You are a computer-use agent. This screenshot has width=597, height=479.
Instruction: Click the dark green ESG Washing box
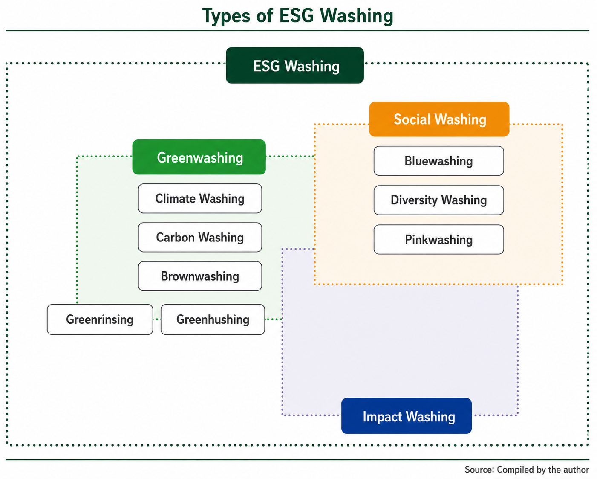point(295,65)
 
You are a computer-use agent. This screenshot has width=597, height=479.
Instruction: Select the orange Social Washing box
point(439,119)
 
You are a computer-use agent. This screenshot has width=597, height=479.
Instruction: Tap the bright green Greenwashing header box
point(199,157)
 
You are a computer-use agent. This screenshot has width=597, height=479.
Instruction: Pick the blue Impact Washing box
point(407,416)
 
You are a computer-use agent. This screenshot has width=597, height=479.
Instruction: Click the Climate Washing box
point(200,198)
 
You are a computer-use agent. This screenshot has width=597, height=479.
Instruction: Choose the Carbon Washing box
point(200,237)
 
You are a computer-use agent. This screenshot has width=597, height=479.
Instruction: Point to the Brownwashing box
point(200,276)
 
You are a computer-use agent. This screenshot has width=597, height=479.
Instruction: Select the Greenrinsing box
point(100,319)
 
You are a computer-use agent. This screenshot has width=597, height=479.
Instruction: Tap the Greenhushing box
point(213,319)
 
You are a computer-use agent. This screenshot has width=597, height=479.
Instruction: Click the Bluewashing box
point(438,161)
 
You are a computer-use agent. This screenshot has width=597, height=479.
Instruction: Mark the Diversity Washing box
point(438,200)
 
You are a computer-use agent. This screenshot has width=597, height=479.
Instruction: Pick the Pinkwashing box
point(438,239)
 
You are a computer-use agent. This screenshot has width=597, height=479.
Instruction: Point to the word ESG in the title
point(297,15)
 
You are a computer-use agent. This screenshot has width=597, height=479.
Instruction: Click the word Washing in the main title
point(357,16)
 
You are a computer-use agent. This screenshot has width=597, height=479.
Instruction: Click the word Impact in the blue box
point(383,417)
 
